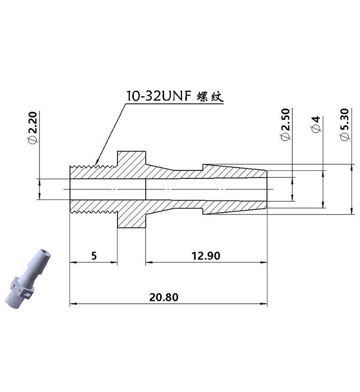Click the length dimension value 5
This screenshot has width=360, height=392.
[x=94, y=256]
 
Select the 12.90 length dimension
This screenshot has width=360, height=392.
[x=206, y=256]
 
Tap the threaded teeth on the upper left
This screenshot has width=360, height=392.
[x=92, y=166]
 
